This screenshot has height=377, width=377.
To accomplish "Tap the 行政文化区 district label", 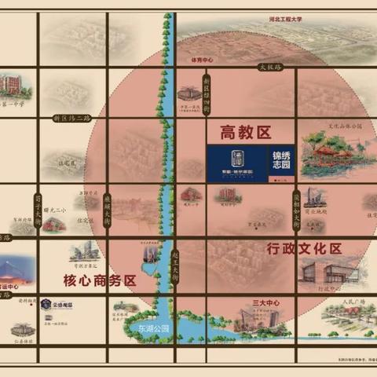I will [304, 249].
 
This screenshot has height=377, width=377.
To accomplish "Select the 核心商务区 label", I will [100, 280].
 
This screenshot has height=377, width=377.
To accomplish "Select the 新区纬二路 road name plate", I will [71, 118].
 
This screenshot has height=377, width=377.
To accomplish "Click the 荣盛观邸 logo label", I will [56, 304].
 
